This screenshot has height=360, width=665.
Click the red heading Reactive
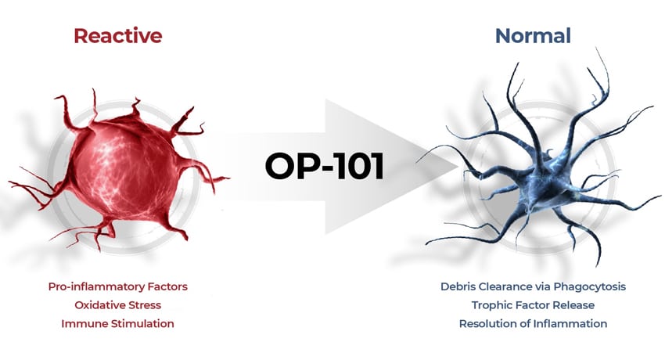coord(118,36)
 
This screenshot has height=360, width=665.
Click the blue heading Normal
coord(533,36)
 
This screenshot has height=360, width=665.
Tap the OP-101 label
coord(325,166)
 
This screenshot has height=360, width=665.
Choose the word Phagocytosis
coord(590,287)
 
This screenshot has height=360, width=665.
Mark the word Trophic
coord(490,305)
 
